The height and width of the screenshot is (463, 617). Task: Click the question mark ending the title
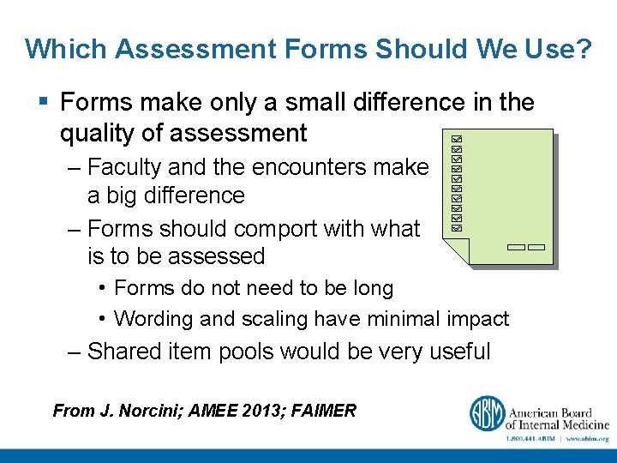tap(584, 49)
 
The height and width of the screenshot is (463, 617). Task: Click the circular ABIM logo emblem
tap(486, 414)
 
